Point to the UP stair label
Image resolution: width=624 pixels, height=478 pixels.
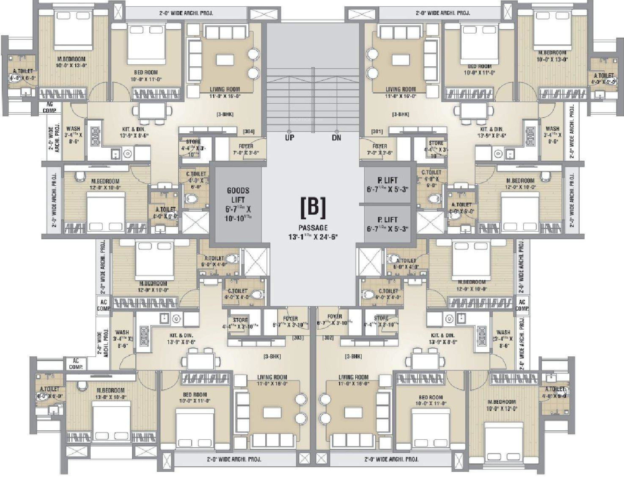click(289, 138)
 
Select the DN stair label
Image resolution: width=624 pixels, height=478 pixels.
click(336, 138)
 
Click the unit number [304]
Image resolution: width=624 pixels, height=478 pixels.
click(249, 132)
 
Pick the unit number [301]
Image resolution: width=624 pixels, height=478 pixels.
click(377, 132)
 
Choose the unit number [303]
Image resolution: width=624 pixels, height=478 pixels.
click(298, 338)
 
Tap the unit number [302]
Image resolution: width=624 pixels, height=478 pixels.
click(328, 338)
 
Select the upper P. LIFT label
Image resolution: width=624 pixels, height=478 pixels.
click(387, 180)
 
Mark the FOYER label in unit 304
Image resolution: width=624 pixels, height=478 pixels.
click(246, 146)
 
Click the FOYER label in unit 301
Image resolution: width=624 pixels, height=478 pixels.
click(380, 146)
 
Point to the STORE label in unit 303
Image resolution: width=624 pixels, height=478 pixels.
click(241, 320)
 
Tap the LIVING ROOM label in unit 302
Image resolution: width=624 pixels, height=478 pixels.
click(354, 377)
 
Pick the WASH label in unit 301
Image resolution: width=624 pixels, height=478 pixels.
click(552, 129)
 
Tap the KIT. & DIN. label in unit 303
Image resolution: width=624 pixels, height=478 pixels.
click(181, 336)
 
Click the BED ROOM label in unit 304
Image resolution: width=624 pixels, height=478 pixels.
click(146, 73)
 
